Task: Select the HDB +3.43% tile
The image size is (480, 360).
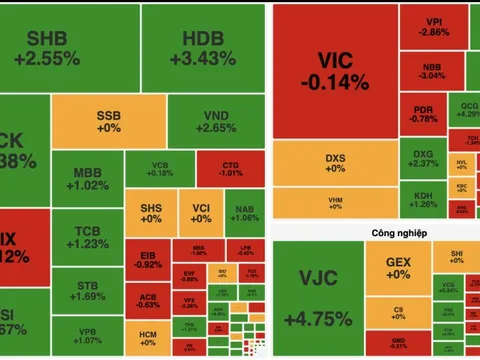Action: tap(210, 47)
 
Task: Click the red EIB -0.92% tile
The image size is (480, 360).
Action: tap(147, 261)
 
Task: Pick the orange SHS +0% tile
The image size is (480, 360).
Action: tap(147, 212)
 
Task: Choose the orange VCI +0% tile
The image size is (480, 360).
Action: tap(200, 212)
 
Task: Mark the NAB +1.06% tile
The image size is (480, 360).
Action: tap(244, 212)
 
